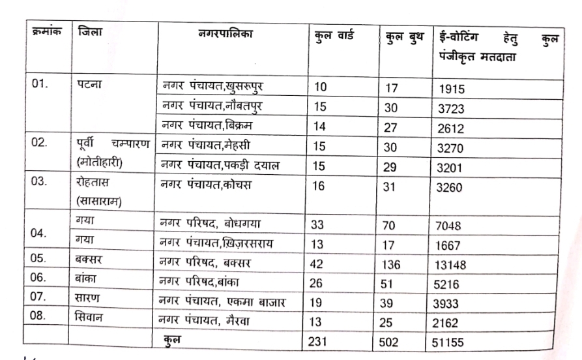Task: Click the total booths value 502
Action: click(395, 339)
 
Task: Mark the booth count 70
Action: click(392, 225)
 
